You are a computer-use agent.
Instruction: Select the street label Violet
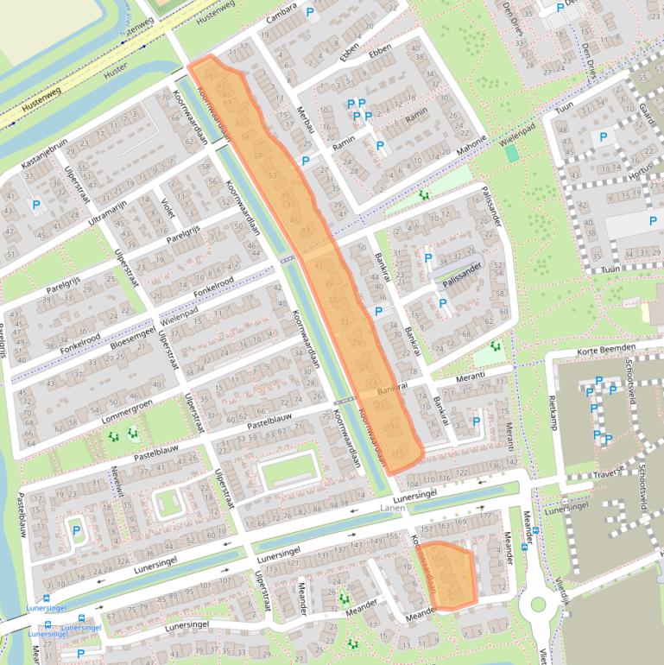coord(167,206)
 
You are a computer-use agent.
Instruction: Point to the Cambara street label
coord(281,18)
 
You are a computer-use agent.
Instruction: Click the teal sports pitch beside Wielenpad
coord(512,153)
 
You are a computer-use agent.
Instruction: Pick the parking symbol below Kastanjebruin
coord(36,205)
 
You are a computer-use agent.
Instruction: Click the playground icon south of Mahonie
coord(423,195)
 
